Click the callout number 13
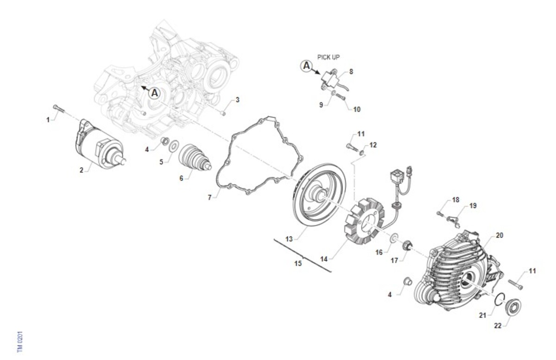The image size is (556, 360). pyautogui.click(x=289, y=239)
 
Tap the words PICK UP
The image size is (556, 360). pyautogui.click(x=329, y=57)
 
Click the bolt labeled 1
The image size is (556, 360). pyautogui.click(x=59, y=109)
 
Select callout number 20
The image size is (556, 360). pyautogui.click(x=499, y=235)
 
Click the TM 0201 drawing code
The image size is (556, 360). pyautogui.click(x=20, y=341)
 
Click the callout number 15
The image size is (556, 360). pyautogui.click(x=298, y=263)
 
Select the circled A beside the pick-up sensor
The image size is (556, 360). pyautogui.click(x=307, y=66)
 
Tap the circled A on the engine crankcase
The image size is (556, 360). pyautogui.click(x=154, y=93)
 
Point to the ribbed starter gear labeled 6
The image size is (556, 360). pyautogui.click(x=195, y=158)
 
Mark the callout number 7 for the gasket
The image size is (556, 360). pyautogui.click(x=209, y=197)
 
